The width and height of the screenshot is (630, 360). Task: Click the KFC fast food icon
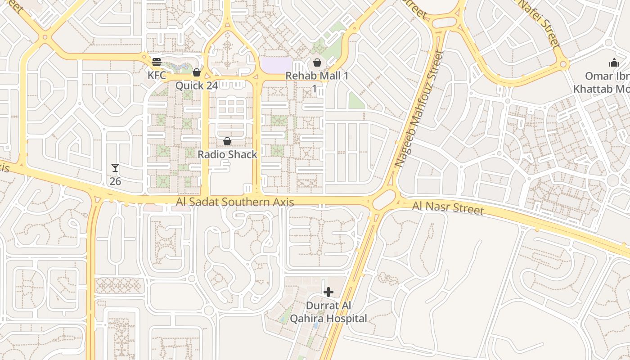tap(157, 62)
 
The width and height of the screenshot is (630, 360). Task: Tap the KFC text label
tap(157, 75)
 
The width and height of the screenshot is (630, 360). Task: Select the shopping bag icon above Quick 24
tap(197, 72)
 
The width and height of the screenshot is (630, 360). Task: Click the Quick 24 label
tap(197, 85)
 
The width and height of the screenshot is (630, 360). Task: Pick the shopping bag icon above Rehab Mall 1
tap(317, 63)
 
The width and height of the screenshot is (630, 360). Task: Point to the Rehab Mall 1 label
tap(317, 76)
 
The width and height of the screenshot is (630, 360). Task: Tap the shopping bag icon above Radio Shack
tap(227, 142)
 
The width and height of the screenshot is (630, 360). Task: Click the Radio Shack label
tap(228, 154)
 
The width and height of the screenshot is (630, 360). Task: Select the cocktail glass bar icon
tap(115, 168)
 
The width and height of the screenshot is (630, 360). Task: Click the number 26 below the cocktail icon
tap(115, 181)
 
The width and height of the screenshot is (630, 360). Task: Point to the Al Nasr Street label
tap(448, 208)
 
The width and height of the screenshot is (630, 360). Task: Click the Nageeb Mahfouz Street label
tap(419, 109)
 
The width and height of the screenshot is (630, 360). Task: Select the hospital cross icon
tap(328, 292)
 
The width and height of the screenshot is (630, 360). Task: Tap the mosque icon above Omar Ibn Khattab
tap(614, 63)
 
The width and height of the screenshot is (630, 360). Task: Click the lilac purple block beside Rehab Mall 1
tap(276, 65)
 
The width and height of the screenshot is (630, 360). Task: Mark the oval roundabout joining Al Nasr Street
tap(384, 199)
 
